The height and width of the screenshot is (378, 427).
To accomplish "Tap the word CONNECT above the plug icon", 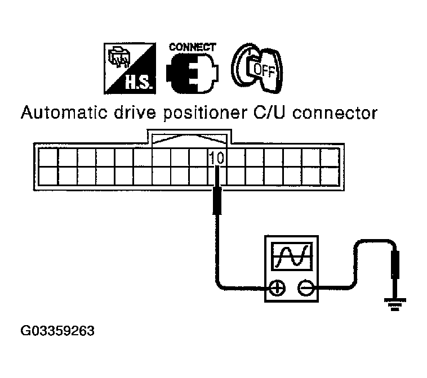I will [192, 47].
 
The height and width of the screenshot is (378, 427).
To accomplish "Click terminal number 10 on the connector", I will [217, 159].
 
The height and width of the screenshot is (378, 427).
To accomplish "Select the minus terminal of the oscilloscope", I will [306, 288].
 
